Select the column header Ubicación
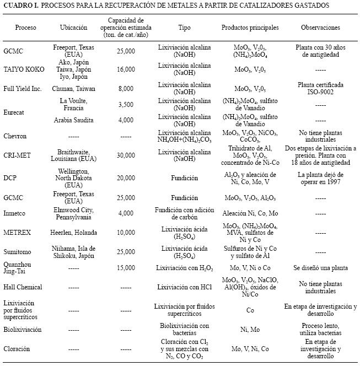coord(73,28)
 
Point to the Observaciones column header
coord(320,28)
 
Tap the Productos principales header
coord(250,28)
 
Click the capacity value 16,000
coord(126,69)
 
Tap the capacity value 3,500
coord(126,105)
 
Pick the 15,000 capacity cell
coord(126,268)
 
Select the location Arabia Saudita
coord(73,120)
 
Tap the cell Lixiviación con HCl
coord(185,287)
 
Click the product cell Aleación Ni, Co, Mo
coord(250,213)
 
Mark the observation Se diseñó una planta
coord(320,268)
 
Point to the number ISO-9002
coord(320,92)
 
